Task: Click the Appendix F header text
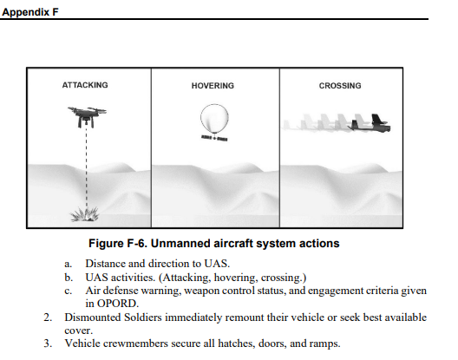click(30, 12)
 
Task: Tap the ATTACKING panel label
click(85, 85)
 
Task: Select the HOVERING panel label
click(213, 86)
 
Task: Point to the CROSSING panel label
click(340, 86)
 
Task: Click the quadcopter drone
click(87, 116)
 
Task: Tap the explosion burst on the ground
click(85, 214)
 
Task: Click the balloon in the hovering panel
click(215, 118)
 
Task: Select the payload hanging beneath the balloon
click(214, 138)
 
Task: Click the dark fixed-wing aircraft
click(370, 124)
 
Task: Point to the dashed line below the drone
click(86, 167)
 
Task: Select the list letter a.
click(68, 264)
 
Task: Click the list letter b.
click(69, 277)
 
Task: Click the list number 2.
click(48, 317)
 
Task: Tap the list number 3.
click(48, 344)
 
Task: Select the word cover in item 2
click(78, 331)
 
